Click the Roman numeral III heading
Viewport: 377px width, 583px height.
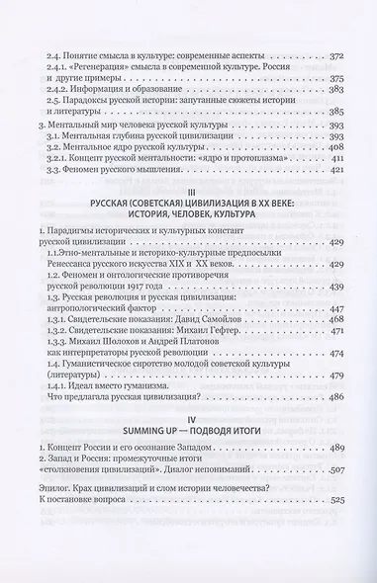(x=188, y=195)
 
